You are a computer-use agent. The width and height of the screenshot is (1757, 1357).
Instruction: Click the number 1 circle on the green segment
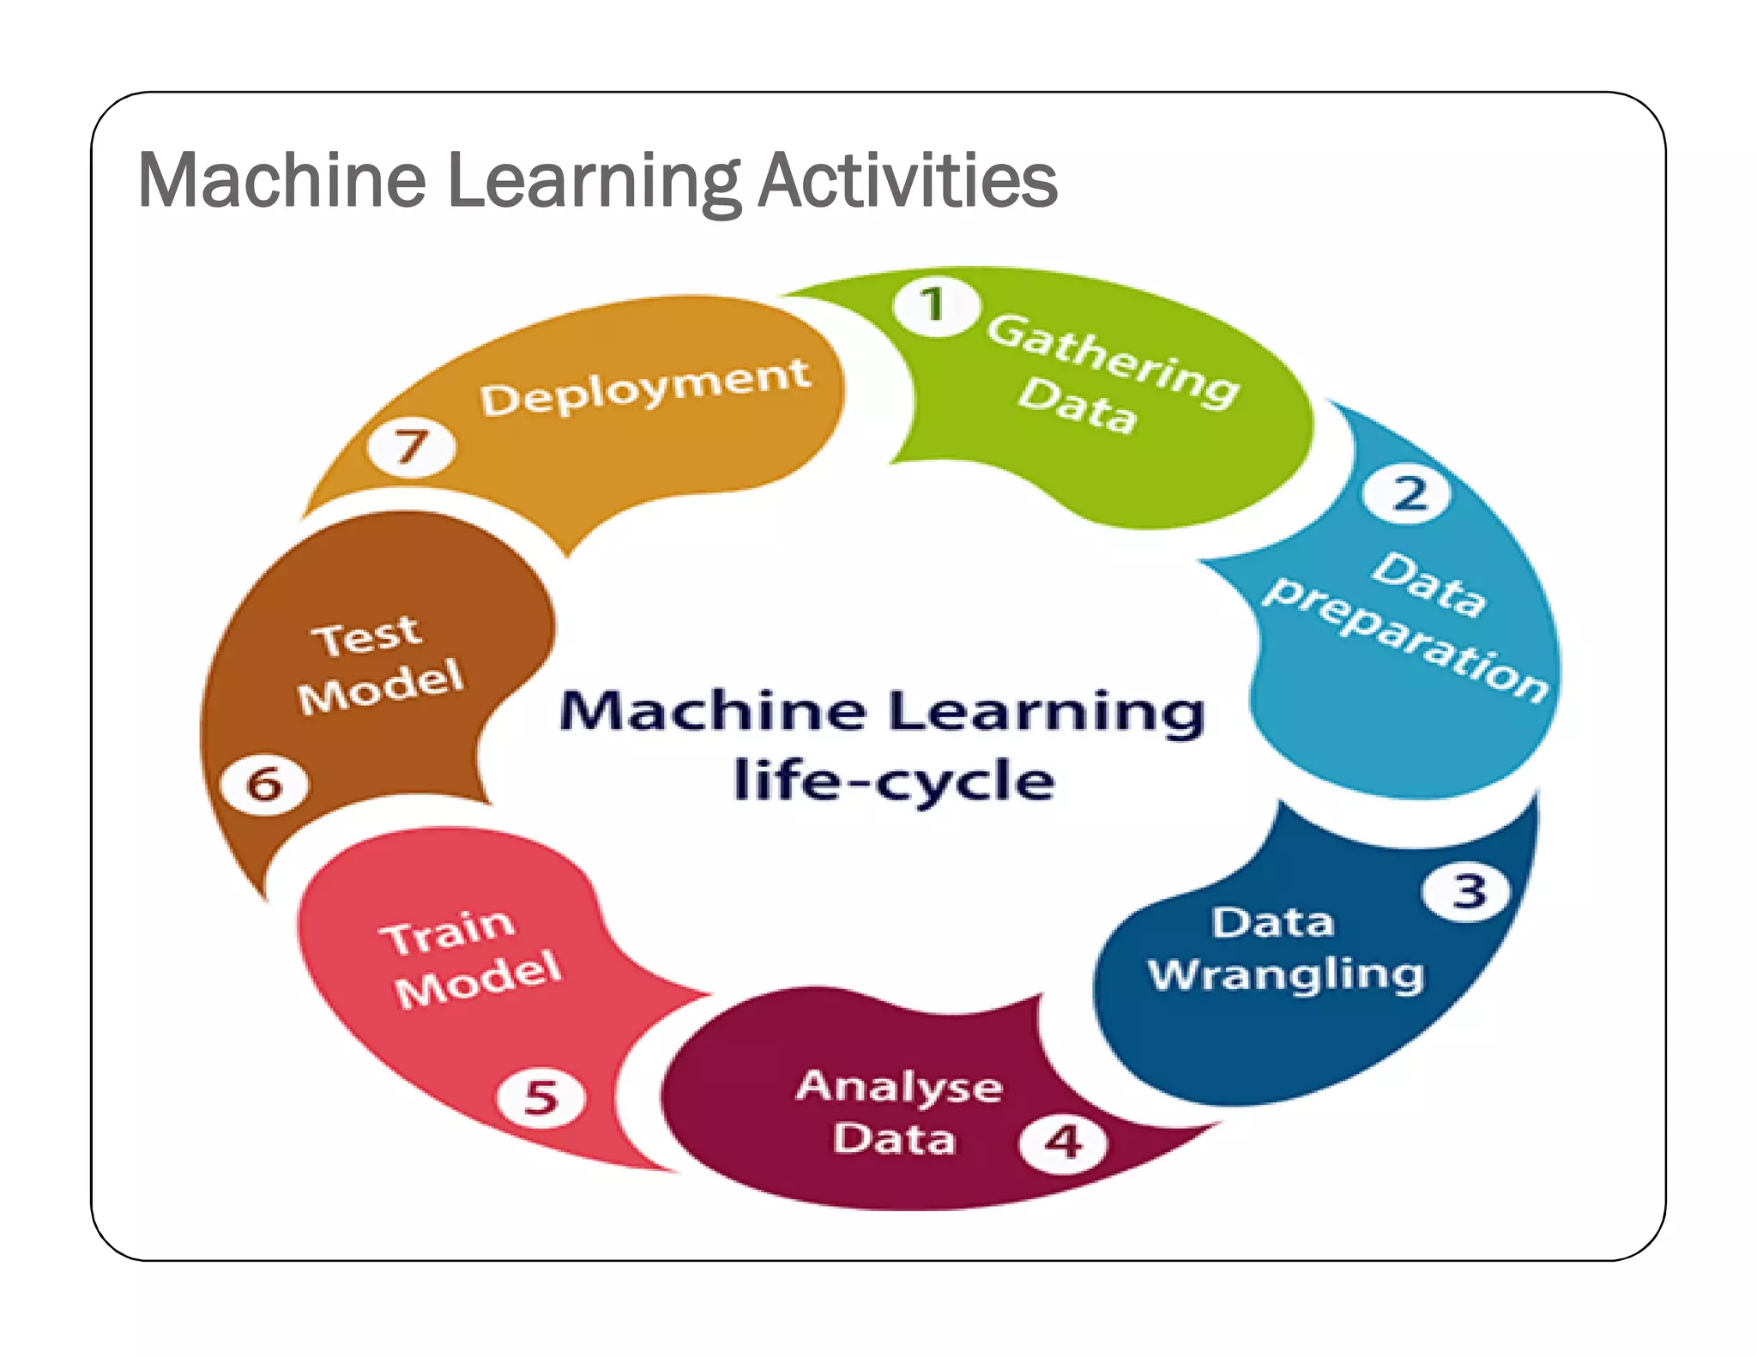[x=933, y=306]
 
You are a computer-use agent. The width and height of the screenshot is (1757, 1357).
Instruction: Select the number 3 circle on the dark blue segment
[x=1468, y=891]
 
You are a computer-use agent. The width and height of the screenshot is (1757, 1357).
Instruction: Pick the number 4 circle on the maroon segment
[x=1064, y=1142]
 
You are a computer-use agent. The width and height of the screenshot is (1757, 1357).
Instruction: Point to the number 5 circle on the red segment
[x=541, y=1097]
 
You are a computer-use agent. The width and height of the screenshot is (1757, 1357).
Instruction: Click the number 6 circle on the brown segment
[x=264, y=784]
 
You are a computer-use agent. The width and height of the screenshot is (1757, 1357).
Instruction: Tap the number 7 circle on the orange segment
[x=412, y=447]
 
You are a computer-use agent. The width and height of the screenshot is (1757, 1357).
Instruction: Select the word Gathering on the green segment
[x=1113, y=359]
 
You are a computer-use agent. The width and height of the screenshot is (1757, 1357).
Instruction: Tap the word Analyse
[x=899, y=1089]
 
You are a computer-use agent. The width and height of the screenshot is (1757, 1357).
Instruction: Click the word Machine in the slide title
[x=281, y=181]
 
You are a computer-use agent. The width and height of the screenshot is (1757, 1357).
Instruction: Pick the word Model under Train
[x=479, y=980]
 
